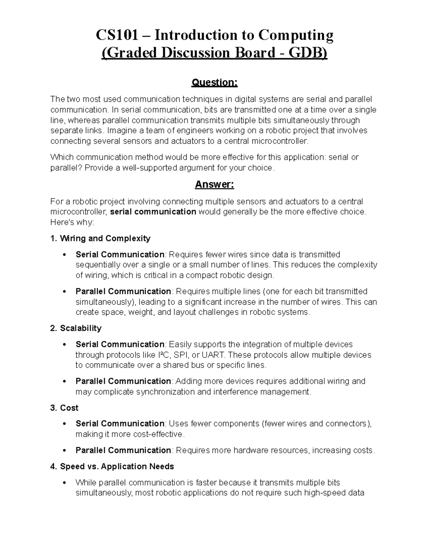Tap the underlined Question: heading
click(214, 83)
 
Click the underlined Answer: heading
click(214, 184)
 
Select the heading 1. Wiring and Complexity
click(100, 238)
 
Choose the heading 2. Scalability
click(76, 328)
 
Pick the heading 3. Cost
click(64, 408)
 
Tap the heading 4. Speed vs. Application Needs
click(112, 466)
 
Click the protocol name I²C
click(163, 355)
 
